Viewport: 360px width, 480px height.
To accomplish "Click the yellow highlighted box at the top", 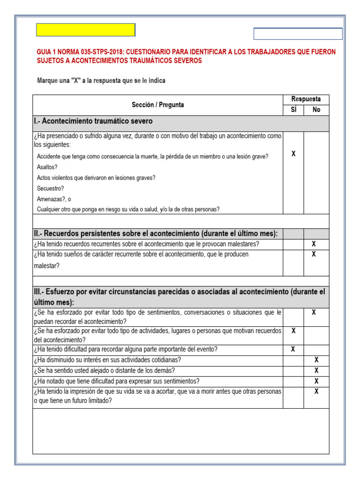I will pos(86,30).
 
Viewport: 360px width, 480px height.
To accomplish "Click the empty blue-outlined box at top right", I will pos(298,34).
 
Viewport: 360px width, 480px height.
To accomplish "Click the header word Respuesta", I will pos(306,99).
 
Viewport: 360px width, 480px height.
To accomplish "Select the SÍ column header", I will pos(293,110).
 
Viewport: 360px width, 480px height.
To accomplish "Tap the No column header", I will pos(316,110).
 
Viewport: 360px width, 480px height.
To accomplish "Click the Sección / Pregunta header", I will pos(158,105).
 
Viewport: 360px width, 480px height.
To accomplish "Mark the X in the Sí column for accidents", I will pos(293,154).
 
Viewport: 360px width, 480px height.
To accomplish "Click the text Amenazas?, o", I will pos(54,199).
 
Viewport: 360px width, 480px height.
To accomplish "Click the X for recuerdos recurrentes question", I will pos(314,244).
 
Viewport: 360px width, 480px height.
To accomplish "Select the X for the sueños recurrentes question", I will pos(314,255).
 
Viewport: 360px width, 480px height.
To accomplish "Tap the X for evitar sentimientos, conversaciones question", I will pos(314,312).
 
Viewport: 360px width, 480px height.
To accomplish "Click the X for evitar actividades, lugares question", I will pos(293,331).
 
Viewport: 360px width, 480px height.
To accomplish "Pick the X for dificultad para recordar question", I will pos(293,349).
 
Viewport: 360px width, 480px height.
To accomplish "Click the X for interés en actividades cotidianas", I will pos(316,360).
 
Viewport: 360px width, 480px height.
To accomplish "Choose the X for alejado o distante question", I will pos(316,371).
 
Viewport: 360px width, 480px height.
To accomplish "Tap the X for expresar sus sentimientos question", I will pos(316,381).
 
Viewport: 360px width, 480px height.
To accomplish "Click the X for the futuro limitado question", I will pos(316,391).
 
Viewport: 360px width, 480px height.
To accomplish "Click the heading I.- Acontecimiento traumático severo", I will pos(94,121).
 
